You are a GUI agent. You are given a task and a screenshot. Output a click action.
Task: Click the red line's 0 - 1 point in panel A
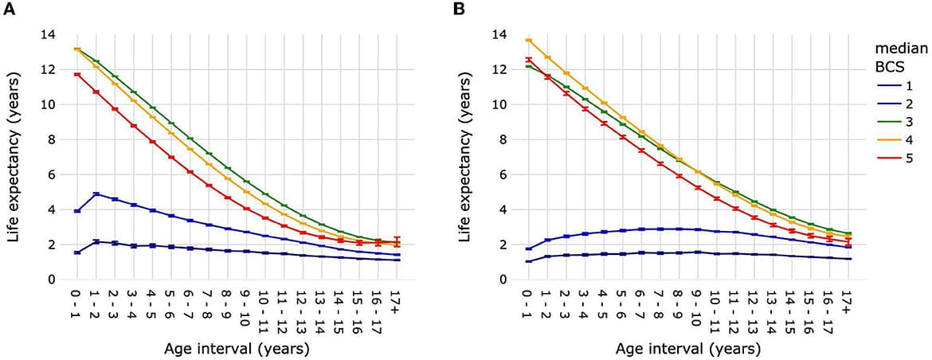coord(77,74)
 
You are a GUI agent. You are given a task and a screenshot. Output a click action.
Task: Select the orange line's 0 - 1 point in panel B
coord(527,40)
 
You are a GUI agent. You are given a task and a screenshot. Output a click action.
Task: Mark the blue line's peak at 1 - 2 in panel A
coord(96,194)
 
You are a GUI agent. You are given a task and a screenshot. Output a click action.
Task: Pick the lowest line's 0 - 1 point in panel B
coord(527,261)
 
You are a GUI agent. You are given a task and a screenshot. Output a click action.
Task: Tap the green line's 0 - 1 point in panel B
coord(527,66)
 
